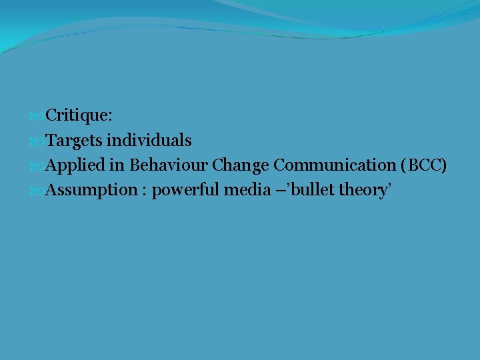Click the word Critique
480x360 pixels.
pyautogui.click(x=78, y=116)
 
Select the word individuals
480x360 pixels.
pyautogui.click(x=149, y=141)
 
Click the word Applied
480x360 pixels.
pyautogui.click(x=73, y=165)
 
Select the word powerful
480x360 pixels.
pyautogui.click(x=186, y=191)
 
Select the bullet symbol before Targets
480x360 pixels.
pyautogui.click(x=37, y=141)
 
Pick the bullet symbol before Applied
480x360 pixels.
pyautogui.click(x=37, y=166)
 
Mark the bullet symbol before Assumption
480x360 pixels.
pyautogui.click(x=37, y=191)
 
